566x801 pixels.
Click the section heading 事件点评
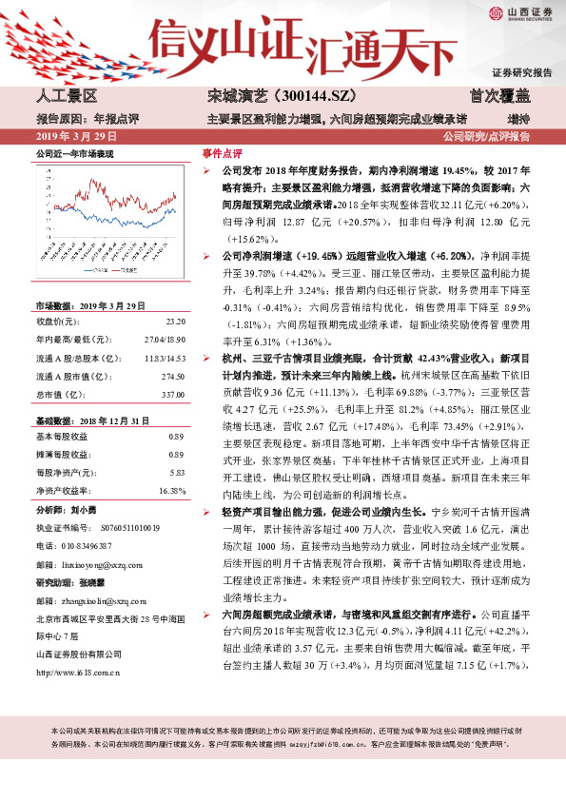pos(222,152)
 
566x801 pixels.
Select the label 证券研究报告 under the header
pos(521,72)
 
